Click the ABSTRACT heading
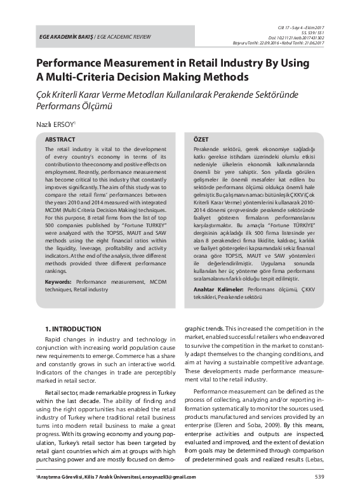pos(60,138)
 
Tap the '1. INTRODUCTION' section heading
pos(72,330)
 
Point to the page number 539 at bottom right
pos(319,477)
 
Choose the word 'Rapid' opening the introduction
pos(56,342)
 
